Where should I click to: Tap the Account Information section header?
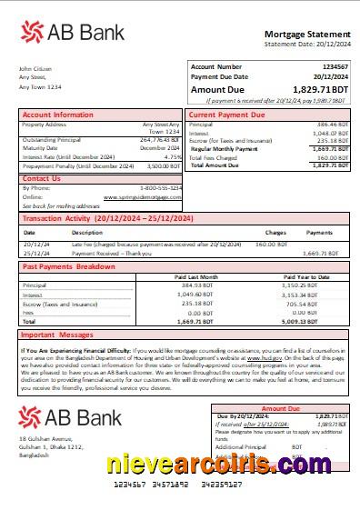(x=58, y=115)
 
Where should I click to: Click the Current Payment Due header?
(x=227, y=115)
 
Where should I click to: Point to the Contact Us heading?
(x=42, y=178)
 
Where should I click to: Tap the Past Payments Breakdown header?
(x=69, y=267)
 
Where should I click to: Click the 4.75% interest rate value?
(x=173, y=156)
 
